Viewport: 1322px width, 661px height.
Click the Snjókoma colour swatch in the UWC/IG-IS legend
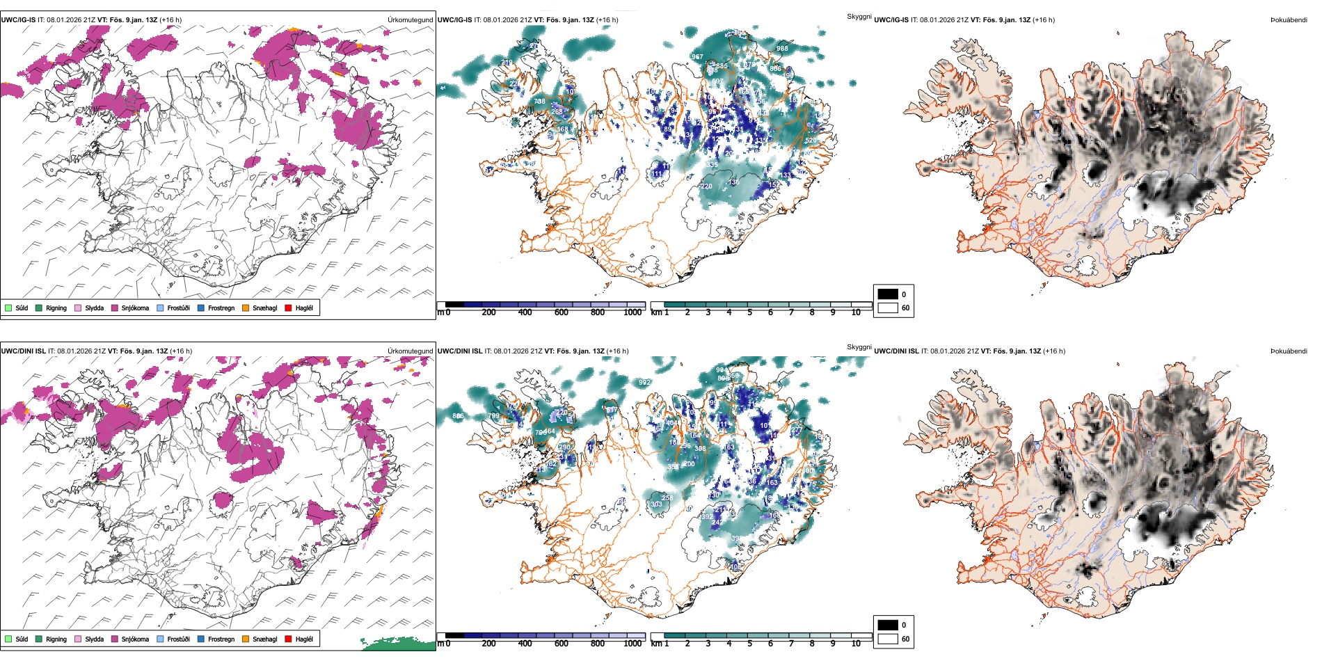coord(115,308)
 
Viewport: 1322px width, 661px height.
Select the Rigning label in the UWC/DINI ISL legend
coord(56,639)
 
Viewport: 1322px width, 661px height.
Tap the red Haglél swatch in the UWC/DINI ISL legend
coord(288,639)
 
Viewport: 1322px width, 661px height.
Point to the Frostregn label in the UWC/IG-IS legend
coord(221,308)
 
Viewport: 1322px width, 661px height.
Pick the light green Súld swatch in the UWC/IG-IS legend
coord(8,308)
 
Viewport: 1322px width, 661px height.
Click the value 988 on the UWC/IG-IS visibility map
coord(783,48)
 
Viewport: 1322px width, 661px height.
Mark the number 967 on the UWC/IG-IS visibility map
coord(696,56)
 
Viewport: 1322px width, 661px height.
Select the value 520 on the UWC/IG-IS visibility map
coord(811,141)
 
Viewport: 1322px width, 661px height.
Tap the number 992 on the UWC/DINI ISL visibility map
coord(644,382)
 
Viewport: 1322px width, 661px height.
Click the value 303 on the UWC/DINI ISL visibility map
coord(656,504)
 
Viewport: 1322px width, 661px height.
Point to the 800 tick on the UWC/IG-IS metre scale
coord(597,312)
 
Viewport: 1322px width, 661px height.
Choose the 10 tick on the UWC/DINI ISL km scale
coord(856,644)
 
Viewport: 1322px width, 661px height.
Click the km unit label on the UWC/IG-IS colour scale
coord(655,312)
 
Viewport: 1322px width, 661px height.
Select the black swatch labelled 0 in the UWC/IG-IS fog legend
coord(888,294)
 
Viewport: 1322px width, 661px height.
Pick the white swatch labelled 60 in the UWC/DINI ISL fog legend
coord(888,638)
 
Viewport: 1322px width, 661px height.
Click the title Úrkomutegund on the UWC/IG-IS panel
coord(411,20)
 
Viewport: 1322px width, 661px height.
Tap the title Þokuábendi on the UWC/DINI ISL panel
coord(1289,351)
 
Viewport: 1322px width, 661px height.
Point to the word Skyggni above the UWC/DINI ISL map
coord(859,347)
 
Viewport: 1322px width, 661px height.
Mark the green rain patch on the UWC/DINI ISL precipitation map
coord(397,644)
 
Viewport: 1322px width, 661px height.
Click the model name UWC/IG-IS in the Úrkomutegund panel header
coord(18,20)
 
